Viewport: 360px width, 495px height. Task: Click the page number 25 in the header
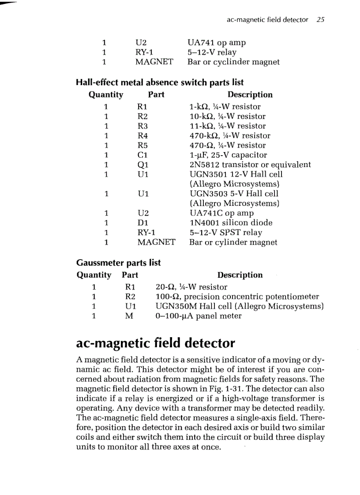pos(321,20)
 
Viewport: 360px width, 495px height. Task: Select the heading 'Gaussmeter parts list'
pos(118,263)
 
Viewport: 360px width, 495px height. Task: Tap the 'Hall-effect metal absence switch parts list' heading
pos(160,82)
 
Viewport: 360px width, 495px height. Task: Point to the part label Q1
pos(143,164)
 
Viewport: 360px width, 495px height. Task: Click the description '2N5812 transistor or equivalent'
pos(250,164)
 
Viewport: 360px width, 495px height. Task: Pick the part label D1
pos(143,223)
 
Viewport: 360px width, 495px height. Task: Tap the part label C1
pos(142,155)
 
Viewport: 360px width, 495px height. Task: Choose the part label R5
pos(142,145)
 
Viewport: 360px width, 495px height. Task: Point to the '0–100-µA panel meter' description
pos(199,316)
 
